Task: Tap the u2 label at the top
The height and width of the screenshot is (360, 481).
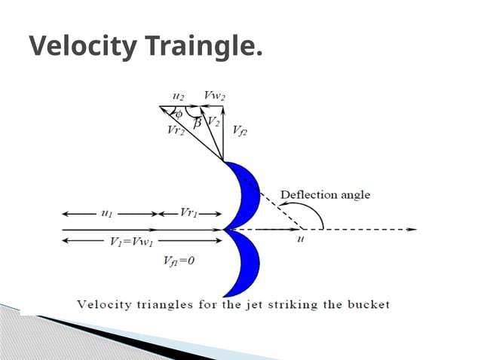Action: tap(178, 96)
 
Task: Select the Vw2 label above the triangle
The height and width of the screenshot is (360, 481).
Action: tap(215, 96)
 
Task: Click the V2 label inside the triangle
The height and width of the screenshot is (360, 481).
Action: tap(214, 122)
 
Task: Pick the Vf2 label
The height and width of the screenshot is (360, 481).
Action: tap(240, 130)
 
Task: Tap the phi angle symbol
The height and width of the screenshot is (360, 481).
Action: tap(180, 114)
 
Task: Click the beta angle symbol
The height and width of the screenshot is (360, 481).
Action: tap(197, 123)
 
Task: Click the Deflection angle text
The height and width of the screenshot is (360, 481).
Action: tap(325, 195)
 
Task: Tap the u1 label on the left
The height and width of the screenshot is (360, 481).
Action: tap(106, 213)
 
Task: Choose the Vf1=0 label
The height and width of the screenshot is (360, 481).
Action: tap(180, 261)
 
